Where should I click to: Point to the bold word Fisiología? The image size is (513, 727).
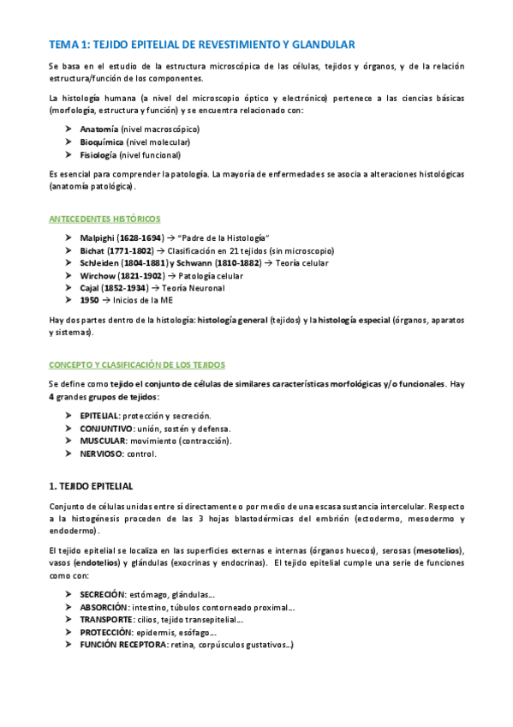pos(98,155)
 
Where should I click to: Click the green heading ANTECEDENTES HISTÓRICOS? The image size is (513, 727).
pos(104,219)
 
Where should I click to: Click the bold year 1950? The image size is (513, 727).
pos(90,302)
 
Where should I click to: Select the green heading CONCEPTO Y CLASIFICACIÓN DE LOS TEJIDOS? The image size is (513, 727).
pos(137,364)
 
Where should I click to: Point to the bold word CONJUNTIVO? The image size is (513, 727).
pos(106,428)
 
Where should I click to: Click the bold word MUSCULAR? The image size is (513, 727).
pos(103,441)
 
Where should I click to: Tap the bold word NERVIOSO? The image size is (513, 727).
pos(101,454)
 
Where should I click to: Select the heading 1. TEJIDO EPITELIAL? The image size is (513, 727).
pos(91,486)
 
